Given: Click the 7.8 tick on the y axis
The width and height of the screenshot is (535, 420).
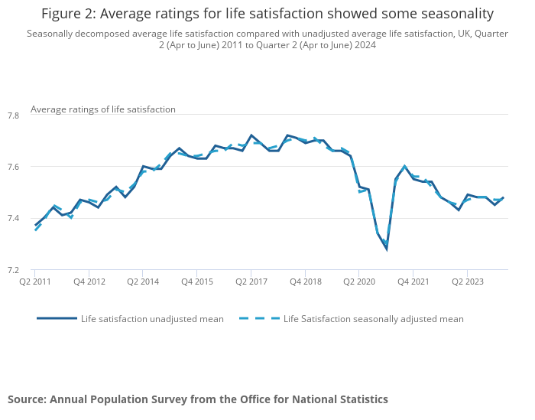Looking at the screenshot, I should pos(13,116).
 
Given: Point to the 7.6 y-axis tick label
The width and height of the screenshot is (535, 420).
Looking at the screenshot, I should pos(13,167).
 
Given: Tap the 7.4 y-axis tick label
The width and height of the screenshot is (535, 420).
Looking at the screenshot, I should pos(13,218).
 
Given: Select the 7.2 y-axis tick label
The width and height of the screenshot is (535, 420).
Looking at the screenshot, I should pos(13,269).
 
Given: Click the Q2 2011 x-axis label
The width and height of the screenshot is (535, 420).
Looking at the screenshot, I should pos(34,282).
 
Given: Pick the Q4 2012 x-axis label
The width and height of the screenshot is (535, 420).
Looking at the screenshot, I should pos(89,282).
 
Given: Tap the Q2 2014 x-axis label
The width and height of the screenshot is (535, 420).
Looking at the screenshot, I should pos(142,282).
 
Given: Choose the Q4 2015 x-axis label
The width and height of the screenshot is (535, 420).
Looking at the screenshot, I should pos(196,282).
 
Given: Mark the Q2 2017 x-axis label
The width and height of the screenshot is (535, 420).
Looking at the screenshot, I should pos(251,282).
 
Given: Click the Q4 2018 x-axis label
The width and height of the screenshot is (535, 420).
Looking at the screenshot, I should pos(305,282).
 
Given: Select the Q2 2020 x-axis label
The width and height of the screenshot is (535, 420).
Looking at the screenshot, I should pos(358,282).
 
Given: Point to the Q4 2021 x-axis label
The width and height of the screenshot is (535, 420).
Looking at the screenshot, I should pos(413,282).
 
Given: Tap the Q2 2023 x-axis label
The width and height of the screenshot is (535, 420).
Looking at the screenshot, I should pos(467,282).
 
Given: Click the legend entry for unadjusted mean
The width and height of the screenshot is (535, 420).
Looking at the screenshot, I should pos(152,318).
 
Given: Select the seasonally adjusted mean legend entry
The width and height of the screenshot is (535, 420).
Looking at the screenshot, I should pos(373,318).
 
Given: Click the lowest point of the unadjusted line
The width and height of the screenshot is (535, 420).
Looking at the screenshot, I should pos(386,249).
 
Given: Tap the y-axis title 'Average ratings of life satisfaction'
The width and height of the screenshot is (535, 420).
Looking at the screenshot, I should pos(103,109).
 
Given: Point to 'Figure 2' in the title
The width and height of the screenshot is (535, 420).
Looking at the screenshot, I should pos(69,14).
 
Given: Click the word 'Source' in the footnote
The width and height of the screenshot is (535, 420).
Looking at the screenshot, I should pos(27,399).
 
